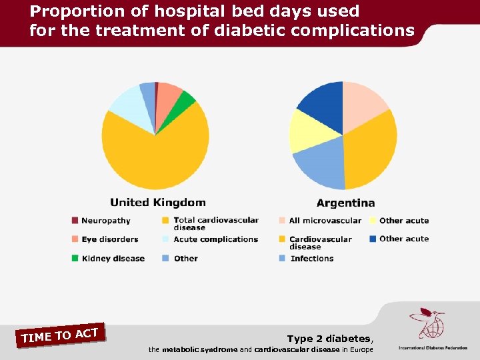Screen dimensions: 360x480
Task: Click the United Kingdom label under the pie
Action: coord(157,203)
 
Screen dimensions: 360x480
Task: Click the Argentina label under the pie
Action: coord(345,203)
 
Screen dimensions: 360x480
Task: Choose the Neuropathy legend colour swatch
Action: coord(75,221)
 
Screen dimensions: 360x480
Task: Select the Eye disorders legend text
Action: coord(109,239)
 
